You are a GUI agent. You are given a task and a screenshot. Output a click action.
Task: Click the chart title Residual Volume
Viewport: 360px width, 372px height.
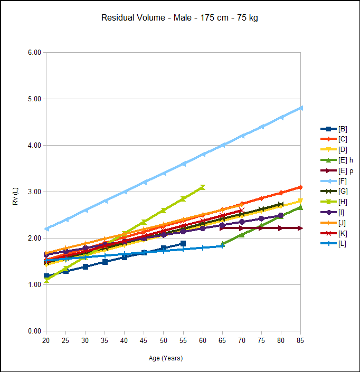[179, 18]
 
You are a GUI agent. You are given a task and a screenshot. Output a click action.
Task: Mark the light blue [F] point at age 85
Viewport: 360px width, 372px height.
[301, 108]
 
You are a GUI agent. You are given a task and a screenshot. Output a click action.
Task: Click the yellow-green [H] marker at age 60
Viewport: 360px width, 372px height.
[203, 187]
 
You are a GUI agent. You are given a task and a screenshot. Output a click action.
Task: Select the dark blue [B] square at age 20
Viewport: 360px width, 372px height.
[46, 276]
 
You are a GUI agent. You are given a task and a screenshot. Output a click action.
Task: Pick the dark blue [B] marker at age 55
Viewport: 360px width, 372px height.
[183, 243]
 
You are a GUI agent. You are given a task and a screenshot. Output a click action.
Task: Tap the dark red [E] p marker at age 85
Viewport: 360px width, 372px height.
[300, 228]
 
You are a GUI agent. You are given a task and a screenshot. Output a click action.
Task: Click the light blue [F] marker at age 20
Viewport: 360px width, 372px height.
[46, 228]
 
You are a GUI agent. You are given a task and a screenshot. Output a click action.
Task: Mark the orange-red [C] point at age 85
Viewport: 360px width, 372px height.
[301, 187]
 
